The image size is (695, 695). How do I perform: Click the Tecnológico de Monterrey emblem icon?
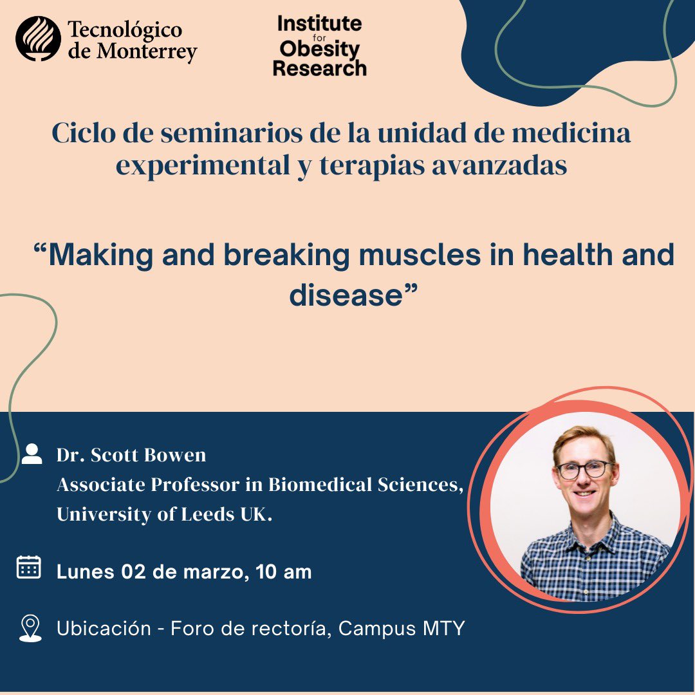coord(38,39)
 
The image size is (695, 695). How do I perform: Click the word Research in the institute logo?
coord(319,68)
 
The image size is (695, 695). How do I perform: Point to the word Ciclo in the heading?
coord(79,134)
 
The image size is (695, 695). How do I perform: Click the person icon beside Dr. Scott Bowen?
coord(32,454)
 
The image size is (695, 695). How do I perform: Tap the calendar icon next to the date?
coord(29,567)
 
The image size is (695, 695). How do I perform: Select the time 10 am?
coord(283,571)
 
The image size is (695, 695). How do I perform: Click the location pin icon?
coord(30,628)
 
